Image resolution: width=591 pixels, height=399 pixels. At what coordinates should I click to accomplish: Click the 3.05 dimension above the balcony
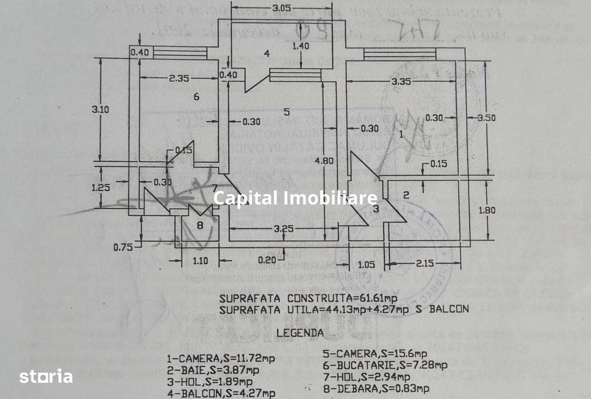[x=281, y=8]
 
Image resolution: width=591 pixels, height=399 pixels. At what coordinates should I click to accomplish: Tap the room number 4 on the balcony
[x=266, y=54]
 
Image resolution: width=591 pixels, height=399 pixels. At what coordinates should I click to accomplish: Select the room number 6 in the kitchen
[x=196, y=97]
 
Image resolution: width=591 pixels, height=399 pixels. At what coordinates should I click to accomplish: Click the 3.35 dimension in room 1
[x=401, y=82]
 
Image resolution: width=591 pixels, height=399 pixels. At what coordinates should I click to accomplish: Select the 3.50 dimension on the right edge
[x=487, y=118]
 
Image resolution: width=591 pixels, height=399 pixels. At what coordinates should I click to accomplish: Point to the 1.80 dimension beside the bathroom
[x=487, y=210]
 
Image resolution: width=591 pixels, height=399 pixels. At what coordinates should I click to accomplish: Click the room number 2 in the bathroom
[x=406, y=195]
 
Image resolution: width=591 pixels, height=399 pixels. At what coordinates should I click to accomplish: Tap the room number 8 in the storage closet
[x=199, y=225]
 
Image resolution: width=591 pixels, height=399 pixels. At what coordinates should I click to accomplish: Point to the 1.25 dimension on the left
[x=100, y=188]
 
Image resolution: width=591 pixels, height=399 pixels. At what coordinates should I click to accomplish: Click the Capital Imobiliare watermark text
[x=295, y=198]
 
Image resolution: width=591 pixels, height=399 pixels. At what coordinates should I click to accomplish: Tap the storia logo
[x=46, y=376]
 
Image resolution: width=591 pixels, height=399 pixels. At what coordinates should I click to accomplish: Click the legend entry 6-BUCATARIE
[x=386, y=365]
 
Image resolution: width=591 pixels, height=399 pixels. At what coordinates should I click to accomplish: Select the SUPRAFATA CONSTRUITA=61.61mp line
[x=308, y=298]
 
